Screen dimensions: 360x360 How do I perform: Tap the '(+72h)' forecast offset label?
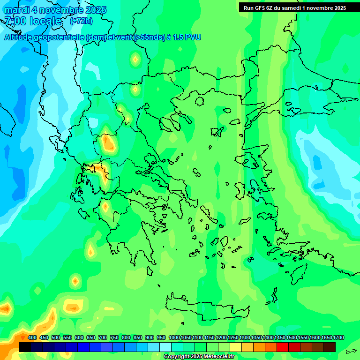81,21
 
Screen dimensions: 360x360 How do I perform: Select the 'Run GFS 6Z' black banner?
294,7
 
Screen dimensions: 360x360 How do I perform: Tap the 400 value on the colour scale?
32,338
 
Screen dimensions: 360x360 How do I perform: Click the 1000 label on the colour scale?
174,338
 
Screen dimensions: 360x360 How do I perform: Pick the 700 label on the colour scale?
103,338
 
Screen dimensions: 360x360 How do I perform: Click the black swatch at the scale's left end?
25,347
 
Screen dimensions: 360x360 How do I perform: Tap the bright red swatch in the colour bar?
283,347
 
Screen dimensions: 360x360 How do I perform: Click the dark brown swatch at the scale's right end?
330,347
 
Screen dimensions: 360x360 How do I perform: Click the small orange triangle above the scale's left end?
22,337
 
